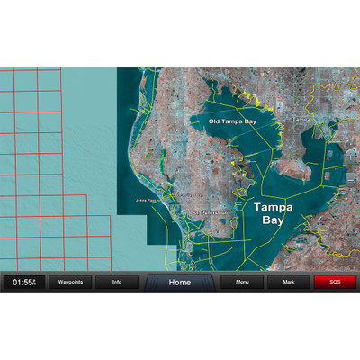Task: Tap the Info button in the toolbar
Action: point(117,282)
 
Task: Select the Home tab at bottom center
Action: point(180,282)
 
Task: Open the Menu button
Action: point(242,282)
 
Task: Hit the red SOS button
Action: point(335,282)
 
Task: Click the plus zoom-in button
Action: point(350,157)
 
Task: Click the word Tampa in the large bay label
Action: point(272,206)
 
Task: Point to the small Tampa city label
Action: point(302,118)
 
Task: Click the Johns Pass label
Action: point(145,200)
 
